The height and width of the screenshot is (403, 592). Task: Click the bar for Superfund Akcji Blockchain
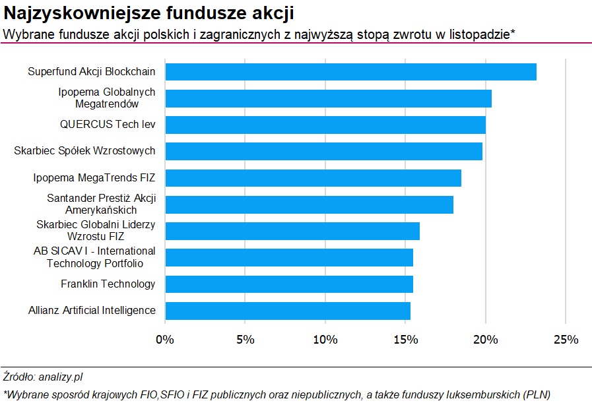(350, 72)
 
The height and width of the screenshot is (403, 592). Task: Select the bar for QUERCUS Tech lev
(325, 125)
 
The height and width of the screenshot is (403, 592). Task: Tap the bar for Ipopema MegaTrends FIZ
(313, 178)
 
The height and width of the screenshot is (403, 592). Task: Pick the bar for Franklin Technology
(289, 284)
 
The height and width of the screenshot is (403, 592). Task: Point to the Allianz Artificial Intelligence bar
(288, 311)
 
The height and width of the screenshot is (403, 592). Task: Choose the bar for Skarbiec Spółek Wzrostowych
(323, 151)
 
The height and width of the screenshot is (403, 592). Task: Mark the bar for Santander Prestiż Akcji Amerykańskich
(309, 204)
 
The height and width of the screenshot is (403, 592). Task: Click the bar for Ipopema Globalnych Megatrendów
(328, 98)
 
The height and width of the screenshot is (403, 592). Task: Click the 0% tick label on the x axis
(165, 340)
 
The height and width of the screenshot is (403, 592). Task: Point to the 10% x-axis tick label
(325, 340)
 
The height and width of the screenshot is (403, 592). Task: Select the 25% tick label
(566, 340)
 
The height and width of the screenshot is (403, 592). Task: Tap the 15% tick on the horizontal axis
(406, 340)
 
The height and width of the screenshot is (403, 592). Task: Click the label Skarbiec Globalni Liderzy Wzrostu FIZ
(96, 230)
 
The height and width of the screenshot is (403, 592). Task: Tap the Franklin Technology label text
(108, 284)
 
